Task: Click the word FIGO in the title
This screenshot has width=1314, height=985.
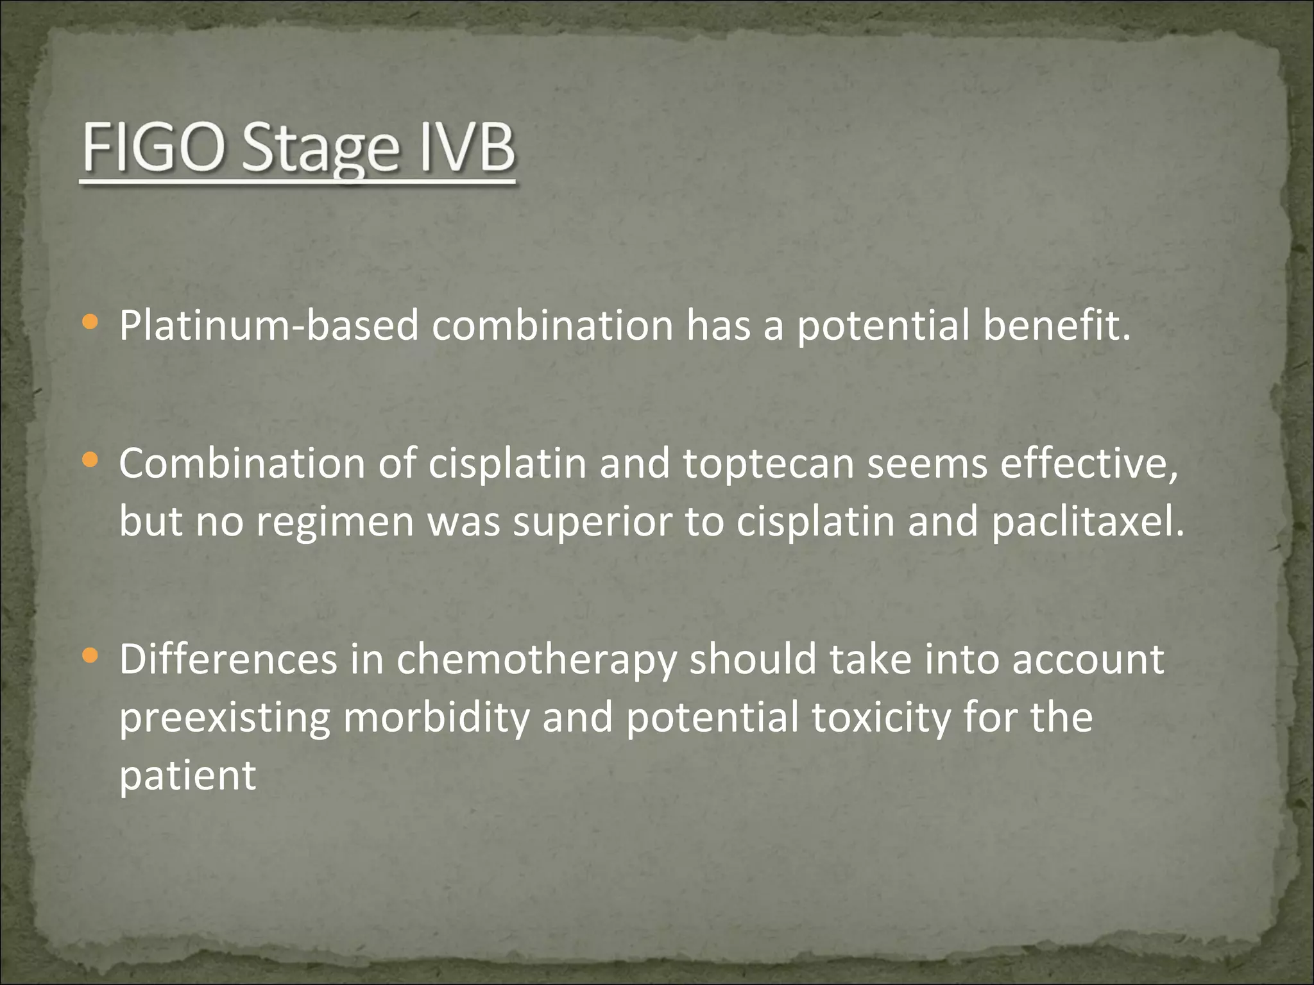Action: (155, 148)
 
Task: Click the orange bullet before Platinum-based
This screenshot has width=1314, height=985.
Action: (90, 323)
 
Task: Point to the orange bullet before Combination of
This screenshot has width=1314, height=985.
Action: (90, 460)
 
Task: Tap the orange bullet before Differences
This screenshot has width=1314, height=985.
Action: (90, 655)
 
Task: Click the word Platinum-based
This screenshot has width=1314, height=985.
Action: (269, 325)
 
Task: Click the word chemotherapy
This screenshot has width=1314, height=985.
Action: (536, 661)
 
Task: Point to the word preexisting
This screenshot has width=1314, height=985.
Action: (225, 718)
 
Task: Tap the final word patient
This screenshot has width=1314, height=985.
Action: (187, 775)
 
